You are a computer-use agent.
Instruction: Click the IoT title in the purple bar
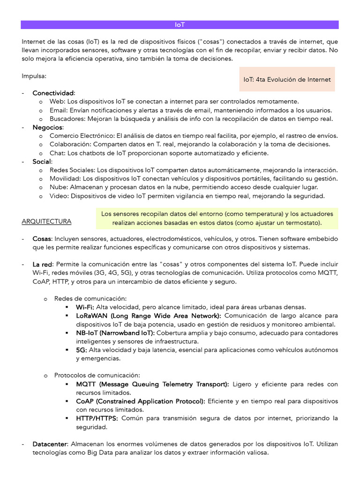[x=180, y=25]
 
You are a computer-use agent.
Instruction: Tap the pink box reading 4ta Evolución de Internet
[x=287, y=80]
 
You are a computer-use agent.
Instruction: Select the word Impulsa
[x=34, y=76]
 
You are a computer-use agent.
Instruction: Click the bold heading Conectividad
[x=53, y=93]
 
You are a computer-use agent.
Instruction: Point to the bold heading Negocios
[x=48, y=127]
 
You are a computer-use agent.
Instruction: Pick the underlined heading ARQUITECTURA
[x=46, y=221]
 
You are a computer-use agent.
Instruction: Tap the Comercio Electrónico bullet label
[x=82, y=136]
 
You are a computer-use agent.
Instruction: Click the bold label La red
[x=43, y=264]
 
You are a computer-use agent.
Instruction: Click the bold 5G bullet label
[x=81, y=350]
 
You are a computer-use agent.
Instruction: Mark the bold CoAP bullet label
[x=86, y=401]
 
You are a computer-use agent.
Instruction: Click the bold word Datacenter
[x=51, y=444]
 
